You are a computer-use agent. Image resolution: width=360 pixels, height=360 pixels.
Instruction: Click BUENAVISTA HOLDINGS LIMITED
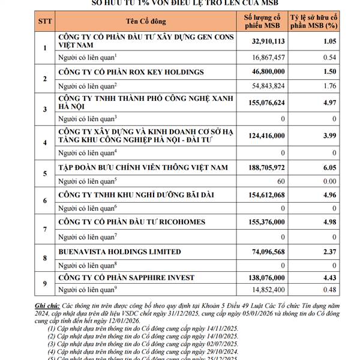coord(119,251)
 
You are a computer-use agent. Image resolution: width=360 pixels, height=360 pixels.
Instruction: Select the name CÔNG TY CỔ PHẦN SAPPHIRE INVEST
coord(131,278)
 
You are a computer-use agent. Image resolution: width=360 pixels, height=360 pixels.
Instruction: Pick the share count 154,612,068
coord(262,196)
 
